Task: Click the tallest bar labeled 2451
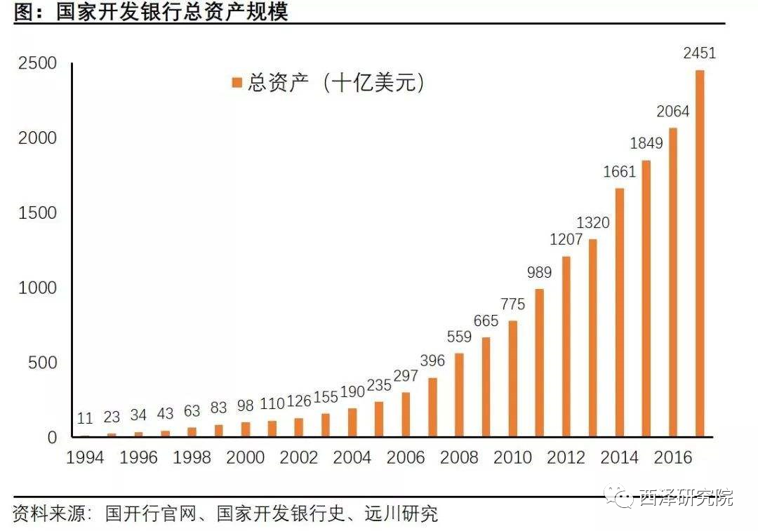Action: [699, 253]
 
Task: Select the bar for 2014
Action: [619, 312]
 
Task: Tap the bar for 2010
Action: [512, 379]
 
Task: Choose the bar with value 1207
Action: [566, 347]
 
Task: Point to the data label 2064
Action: [672, 112]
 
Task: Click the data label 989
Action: [539, 273]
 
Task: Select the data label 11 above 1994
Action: [85, 419]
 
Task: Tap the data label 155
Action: [325, 397]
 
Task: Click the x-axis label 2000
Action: [246, 458]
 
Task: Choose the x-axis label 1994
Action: [85, 458]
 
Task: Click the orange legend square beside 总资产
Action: [237, 83]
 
